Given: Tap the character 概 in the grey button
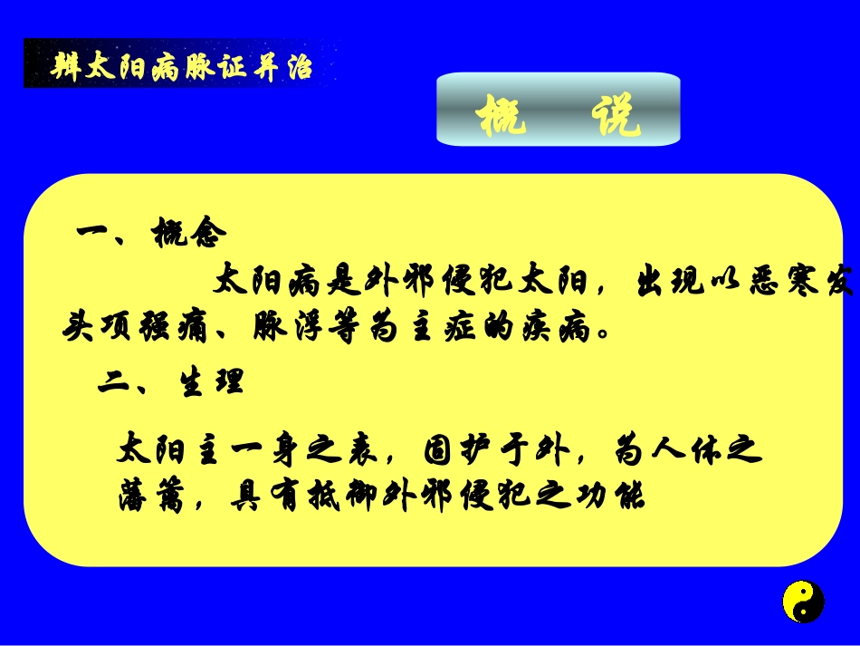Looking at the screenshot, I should pyautogui.click(x=502, y=116).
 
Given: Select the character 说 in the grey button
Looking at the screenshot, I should pyautogui.click(x=615, y=116).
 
